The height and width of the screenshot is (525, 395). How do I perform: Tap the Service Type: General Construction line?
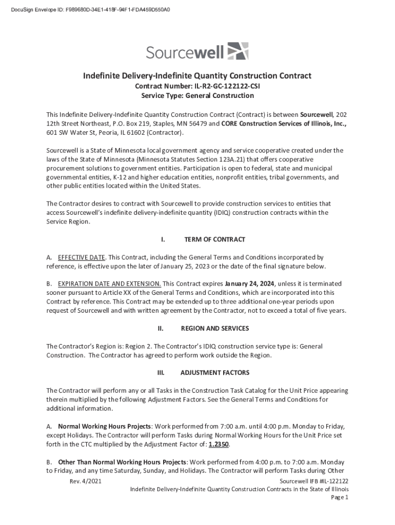point(197,95)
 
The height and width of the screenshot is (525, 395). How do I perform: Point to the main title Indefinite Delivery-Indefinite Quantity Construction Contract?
point(197,76)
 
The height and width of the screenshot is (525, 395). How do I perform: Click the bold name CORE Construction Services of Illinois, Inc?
point(284,124)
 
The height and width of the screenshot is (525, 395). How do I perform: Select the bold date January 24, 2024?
point(250,284)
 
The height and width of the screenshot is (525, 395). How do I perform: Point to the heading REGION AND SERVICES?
point(215,328)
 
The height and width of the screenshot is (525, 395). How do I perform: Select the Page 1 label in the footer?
point(339,497)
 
